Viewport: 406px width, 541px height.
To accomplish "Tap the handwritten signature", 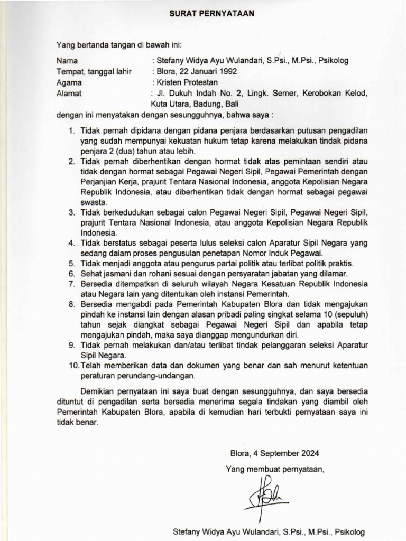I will pyautogui.click(x=267, y=492).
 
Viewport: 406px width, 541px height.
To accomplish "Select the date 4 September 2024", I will pyautogui.click(x=274, y=453).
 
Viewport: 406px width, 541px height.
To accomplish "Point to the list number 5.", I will pyautogui.click(x=71, y=263).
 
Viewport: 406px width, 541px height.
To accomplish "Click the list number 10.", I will pyautogui.click(x=72, y=366).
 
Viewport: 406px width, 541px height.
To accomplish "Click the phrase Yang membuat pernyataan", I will pyautogui.click(x=274, y=468).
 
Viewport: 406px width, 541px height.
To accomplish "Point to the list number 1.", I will pyautogui.click(x=71, y=130).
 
